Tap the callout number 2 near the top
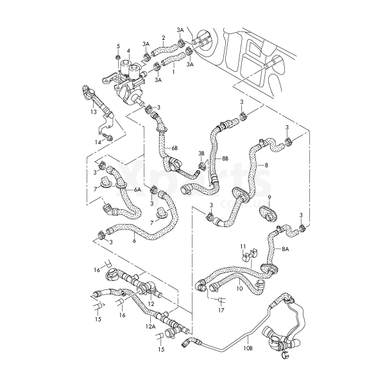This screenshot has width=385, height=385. pos(164,38)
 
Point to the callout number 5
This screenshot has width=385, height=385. pos(118,46)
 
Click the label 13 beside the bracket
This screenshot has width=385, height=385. pos(94,112)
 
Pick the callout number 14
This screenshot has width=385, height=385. pos(99,142)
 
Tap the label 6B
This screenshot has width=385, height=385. pos(175,148)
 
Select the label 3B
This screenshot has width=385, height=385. pos(201,153)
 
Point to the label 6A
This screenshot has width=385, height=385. pos(137,190)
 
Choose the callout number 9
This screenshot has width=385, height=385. pos(269,196)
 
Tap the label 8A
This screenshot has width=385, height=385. pos(286,248)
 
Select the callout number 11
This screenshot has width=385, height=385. pos(243,246)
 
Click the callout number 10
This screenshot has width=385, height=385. pos(239,289)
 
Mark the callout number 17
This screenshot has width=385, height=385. pos(221,311)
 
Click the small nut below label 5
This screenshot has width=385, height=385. pos(119,58)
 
